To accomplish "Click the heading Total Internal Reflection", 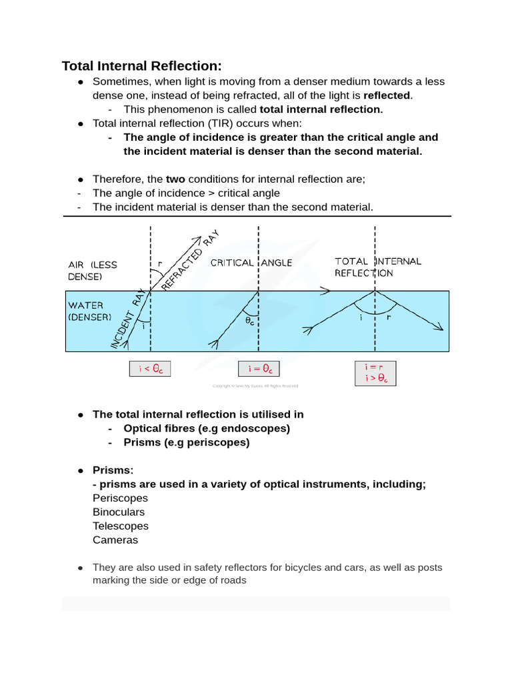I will [141, 65].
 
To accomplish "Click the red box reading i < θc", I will [149, 369].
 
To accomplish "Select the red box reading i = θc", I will [259, 369].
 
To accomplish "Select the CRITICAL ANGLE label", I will [251, 263].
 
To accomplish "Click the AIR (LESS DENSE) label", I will [92, 270].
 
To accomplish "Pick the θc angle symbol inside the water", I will [249, 320].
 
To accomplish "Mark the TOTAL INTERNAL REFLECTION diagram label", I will [377, 267].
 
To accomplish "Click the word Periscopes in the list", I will [120, 498].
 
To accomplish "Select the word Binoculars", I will [119, 512].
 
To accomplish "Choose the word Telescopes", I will [121, 526].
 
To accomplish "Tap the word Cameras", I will [115, 540].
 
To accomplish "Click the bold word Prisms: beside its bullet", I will [113, 470].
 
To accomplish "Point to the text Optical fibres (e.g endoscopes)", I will [207, 428].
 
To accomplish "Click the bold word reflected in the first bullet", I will [387, 95].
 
